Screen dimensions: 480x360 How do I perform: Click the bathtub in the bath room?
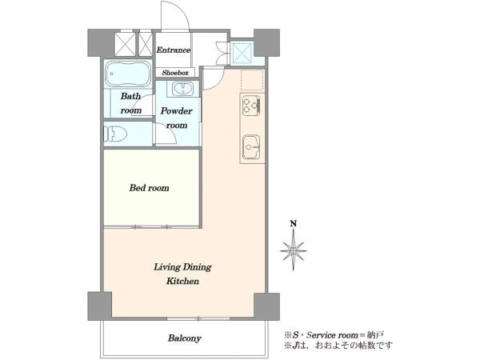tap(128, 74)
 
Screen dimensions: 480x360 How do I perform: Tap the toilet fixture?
tap(115, 134)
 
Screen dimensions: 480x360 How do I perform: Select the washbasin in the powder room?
tap(182, 89)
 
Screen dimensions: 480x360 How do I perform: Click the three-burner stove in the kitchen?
tap(251, 106)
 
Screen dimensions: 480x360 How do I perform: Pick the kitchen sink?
tap(251, 147)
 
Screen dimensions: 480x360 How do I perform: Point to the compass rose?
tap(294, 250)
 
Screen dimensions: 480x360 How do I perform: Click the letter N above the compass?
tap(294, 223)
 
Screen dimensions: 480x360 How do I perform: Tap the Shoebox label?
tap(175, 73)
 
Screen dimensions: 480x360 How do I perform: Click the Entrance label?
tap(174, 50)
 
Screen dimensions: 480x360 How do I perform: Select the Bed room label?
tap(149, 188)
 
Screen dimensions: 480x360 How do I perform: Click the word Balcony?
tap(184, 338)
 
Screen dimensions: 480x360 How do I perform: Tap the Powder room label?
tap(177, 118)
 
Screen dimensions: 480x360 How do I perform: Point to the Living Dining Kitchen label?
tap(182, 274)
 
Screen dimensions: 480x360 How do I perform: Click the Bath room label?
tap(130, 103)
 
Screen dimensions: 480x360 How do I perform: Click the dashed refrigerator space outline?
tap(252, 80)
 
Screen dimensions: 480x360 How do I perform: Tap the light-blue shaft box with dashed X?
tap(242, 53)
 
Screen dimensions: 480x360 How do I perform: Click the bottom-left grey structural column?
tap(99, 306)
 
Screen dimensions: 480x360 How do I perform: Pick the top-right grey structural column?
tap(266, 42)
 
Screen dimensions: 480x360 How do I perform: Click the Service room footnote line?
tap(334, 334)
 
